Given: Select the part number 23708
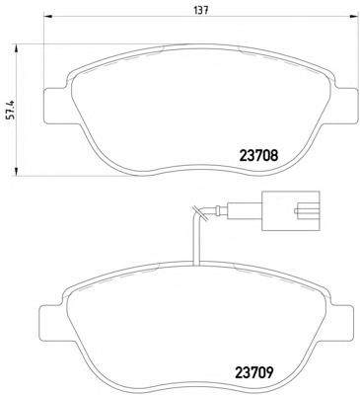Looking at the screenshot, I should pyautogui.click(x=264, y=154).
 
